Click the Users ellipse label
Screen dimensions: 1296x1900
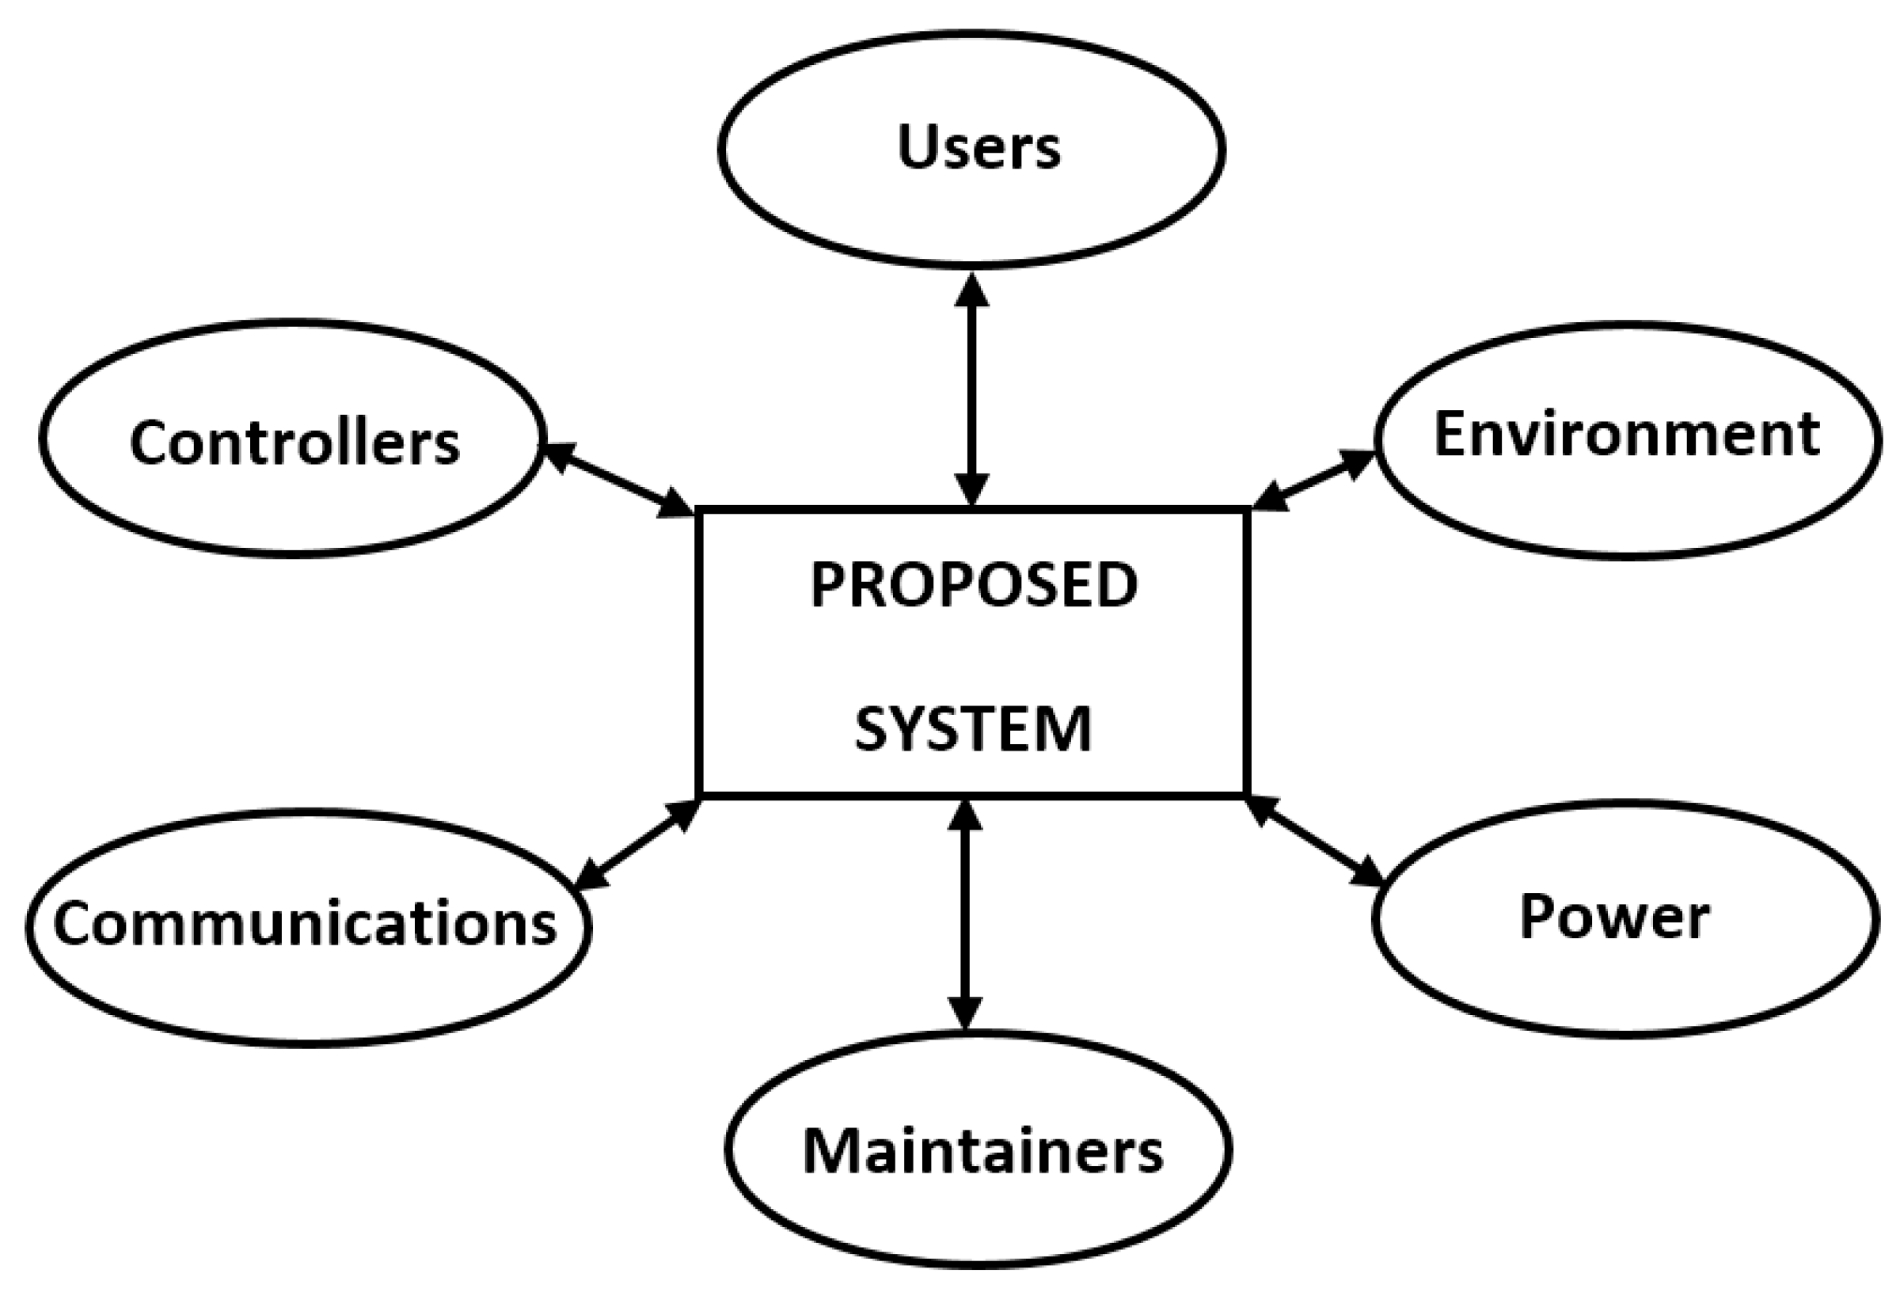[x=978, y=148]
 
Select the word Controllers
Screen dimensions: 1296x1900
[x=294, y=443]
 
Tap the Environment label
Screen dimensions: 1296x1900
[x=1626, y=434]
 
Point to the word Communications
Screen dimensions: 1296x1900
[x=305, y=924]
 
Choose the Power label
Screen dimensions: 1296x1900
[x=1614, y=917]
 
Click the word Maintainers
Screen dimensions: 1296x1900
[x=982, y=1151]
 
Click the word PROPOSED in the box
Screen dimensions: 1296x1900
[x=973, y=585]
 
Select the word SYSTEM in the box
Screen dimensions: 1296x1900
[x=973, y=729]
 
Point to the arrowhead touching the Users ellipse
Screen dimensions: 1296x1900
[x=972, y=291]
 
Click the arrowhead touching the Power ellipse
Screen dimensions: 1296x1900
[x=1367, y=872]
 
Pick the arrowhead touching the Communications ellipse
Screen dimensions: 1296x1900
[x=592, y=874]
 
